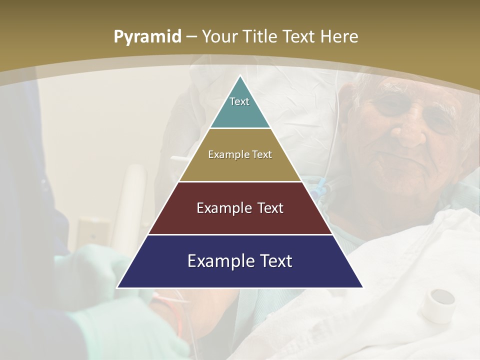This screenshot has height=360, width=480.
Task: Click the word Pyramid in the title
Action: click(x=147, y=37)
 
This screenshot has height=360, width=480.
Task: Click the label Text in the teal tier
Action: click(x=239, y=101)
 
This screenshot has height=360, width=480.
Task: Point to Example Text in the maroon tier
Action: click(x=240, y=208)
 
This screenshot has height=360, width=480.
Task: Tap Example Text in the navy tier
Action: click(x=240, y=261)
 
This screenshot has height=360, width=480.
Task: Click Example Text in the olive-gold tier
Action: click(x=240, y=154)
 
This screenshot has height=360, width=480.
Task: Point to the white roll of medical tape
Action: click(x=438, y=304)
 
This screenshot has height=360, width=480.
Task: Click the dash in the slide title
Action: click(x=191, y=37)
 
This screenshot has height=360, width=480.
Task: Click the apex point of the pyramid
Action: click(x=240, y=76)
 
